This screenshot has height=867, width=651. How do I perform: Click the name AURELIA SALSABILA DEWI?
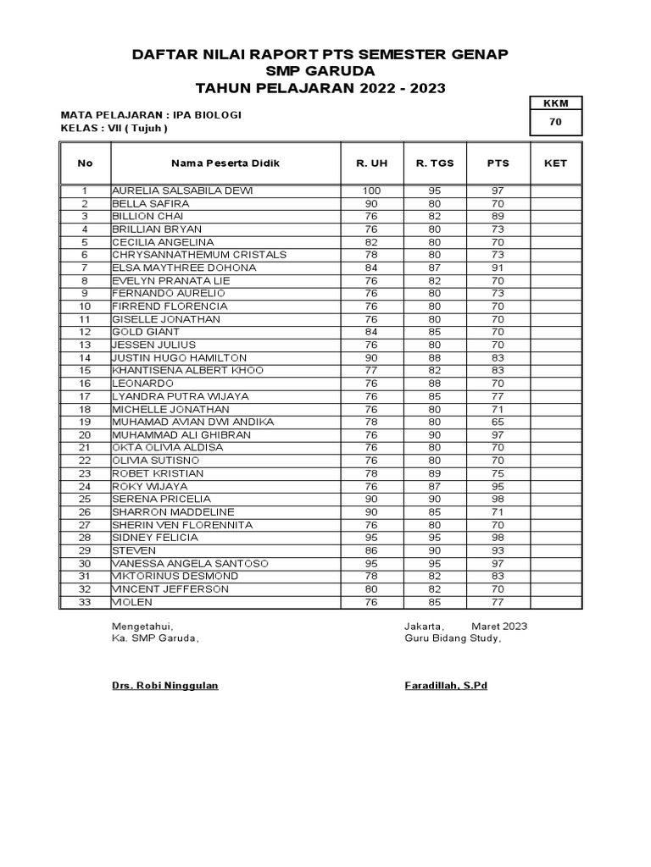pos(182,191)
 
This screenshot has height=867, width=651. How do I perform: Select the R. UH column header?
pos(371,163)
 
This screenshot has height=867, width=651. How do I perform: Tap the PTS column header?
pos(498,163)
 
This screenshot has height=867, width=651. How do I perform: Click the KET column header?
pos(556,163)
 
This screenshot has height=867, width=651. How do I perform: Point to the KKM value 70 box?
pos(556,123)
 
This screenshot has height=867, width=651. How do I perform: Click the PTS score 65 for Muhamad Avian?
pos(498,422)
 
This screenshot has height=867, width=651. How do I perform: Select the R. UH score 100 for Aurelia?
pos(371,191)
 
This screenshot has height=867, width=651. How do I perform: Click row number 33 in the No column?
pos(85,602)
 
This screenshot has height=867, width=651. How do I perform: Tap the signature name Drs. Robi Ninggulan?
pos(165,685)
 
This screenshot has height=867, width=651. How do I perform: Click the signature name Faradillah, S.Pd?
pos(446,685)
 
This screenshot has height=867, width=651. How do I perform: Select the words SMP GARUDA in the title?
pos(320,71)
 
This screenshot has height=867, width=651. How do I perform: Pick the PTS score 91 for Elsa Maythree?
pos(498,268)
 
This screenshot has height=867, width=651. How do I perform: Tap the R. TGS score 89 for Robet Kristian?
pos(435,473)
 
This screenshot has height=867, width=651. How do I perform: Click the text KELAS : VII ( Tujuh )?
pos(114,128)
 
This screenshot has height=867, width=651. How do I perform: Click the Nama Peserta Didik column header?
pos(225,163)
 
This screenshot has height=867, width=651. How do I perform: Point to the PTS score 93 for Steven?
pos(498,550)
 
